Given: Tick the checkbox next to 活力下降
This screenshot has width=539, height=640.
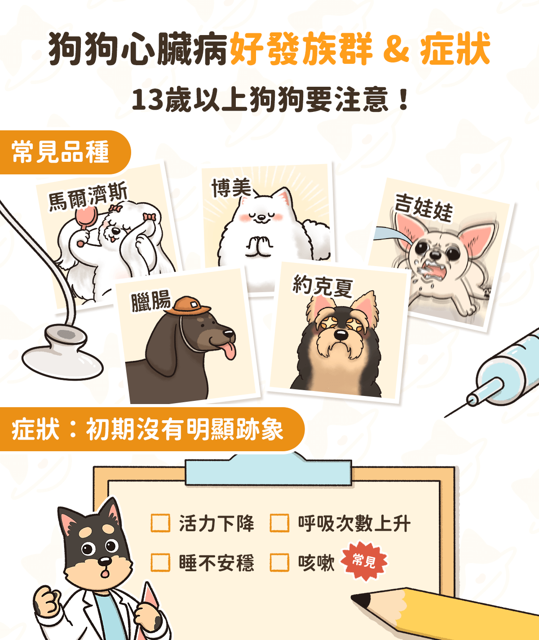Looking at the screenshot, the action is coord(160,523).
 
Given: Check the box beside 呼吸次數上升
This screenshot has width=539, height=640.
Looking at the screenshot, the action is coord(279,523).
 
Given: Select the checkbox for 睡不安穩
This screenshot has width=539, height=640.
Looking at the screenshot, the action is coord(160,562).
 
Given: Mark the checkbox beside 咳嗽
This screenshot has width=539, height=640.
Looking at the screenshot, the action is coord(279,562).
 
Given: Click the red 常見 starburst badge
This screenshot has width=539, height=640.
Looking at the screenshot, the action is coord(364,561).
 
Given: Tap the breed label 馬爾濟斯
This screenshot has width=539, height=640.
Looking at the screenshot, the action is coord(88,196).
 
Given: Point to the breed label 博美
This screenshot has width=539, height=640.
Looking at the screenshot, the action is coord(231,188).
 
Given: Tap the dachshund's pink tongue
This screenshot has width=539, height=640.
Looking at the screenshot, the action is coord(228,351).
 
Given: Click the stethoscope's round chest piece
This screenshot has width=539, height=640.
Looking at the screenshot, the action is coord(62,352).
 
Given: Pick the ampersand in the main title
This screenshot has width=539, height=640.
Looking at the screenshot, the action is coord(397,49).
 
